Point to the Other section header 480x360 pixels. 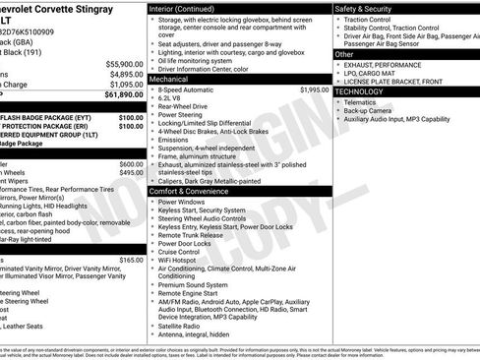tap(346, 54)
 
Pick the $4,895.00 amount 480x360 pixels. tap(125, 74)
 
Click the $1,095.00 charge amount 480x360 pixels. tap(125, 85)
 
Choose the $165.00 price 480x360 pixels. tap(131, 260)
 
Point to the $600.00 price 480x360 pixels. tap(131, 163)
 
